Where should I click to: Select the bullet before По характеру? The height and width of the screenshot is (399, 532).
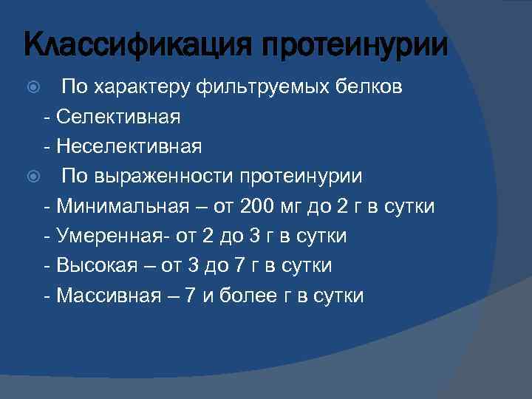click(x=30, y=86)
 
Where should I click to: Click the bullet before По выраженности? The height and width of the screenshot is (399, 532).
click(x=30, y=177)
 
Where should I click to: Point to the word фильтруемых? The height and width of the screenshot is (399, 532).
click(x=259, y=87)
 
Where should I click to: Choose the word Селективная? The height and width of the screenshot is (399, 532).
click(x=118, y=117)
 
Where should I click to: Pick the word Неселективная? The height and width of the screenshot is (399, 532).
click(x=129, y=146)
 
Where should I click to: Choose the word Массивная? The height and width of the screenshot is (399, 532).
click(x=108, y=296)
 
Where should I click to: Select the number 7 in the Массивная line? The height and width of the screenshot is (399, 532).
click(x=191, y=296)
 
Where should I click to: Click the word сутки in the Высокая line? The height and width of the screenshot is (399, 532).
click(x=306, y=265)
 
